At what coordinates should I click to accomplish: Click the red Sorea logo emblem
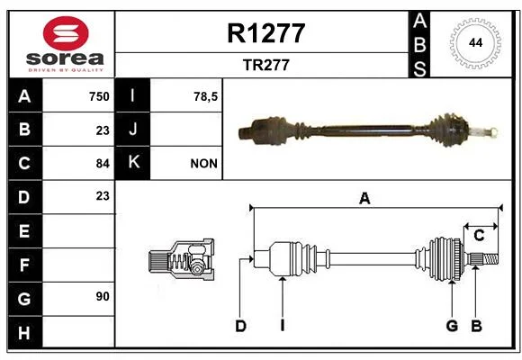66,33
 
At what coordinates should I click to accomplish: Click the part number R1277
266,33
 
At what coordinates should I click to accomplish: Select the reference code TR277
266,65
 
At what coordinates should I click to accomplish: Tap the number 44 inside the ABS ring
475,43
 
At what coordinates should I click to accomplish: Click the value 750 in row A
99,96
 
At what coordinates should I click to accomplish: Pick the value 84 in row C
103,164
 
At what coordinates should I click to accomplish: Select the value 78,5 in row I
205,96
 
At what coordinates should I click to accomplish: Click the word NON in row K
203,164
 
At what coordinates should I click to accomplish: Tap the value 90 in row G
103,296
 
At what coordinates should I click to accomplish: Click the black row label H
25,332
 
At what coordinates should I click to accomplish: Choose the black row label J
132,130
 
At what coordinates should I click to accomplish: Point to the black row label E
25,230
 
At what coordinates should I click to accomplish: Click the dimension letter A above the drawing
364,199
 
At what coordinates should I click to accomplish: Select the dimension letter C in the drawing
479,236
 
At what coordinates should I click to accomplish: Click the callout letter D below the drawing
240,326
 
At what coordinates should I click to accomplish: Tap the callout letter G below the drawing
452,326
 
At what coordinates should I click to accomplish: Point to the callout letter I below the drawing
283,326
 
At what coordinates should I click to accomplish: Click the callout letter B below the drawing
476,326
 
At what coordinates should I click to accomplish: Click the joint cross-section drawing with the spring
181,259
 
